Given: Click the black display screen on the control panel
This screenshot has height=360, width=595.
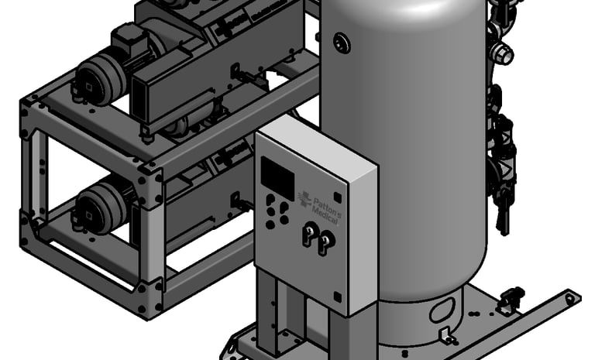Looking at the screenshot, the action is click(278, 178).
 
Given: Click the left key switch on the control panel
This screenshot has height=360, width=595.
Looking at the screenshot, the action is click(310, 233).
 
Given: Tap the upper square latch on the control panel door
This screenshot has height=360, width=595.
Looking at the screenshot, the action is click(337, 197).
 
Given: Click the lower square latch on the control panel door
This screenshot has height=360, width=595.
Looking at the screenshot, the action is click(337, 297).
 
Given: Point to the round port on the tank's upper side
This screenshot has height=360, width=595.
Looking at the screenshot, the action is click(342, 43).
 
